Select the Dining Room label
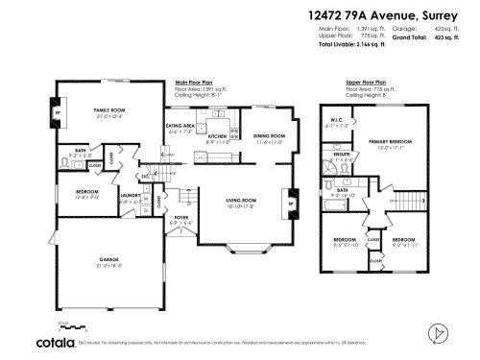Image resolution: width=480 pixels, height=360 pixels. click(270, 136)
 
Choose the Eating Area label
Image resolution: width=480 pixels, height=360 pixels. click(180, 126)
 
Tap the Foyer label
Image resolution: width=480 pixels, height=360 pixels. click(181, 218)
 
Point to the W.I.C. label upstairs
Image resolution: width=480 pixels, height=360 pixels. click(336, 121)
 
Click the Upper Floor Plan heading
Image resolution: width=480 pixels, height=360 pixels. click(365, 84)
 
